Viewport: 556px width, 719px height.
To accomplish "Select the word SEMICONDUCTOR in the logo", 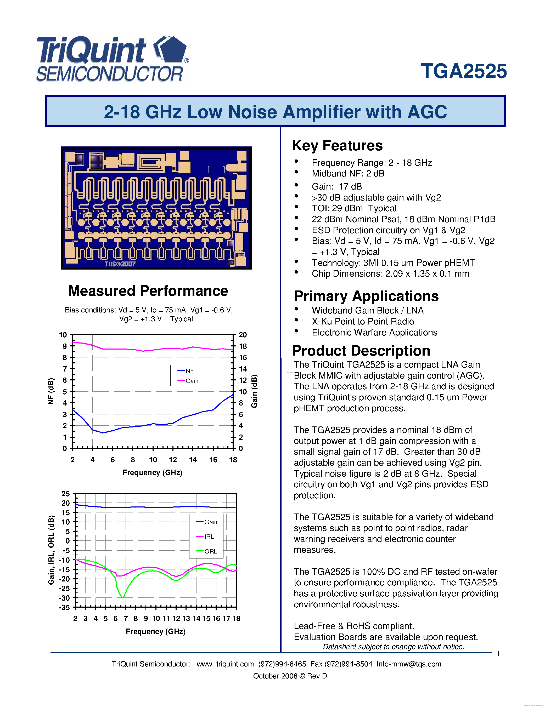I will click(109, 74).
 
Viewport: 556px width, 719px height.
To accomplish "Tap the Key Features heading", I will click(337, 146).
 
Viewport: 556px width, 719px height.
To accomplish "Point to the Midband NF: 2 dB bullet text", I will click(348, 174).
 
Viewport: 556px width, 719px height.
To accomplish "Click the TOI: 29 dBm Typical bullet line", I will click(354, 208).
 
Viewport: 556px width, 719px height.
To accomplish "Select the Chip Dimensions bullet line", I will click(390, 273).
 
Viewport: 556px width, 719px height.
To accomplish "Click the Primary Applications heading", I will click(366, 296).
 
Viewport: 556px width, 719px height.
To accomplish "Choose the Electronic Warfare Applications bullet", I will click(374, 333).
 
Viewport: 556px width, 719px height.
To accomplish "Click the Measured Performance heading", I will click(148, 291).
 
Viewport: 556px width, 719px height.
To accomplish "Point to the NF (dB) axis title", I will click(51, 391).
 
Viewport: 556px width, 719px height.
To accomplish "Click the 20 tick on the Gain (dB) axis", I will click(243, 335).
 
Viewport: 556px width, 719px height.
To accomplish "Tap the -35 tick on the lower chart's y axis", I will click(65, 607).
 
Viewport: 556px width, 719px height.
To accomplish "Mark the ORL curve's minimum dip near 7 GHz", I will click(123, 597).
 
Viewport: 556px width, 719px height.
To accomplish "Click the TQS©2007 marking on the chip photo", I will click(120, 264).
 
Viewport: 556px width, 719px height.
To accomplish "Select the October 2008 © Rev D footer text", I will click(290, 676).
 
